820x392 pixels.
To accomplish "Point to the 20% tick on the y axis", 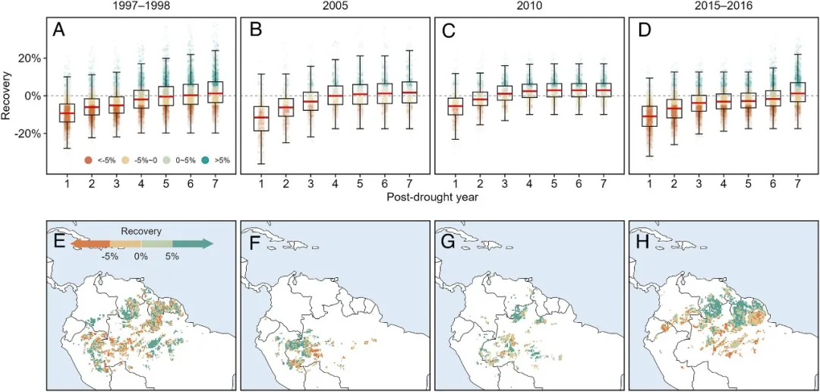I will coord(28,58).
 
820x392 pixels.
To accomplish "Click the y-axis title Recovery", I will coord(7,96).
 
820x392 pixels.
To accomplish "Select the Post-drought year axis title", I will coord(427,198).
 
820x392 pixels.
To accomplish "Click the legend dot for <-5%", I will coord(89,160).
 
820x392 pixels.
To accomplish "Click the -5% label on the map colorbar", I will coord(110,257).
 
